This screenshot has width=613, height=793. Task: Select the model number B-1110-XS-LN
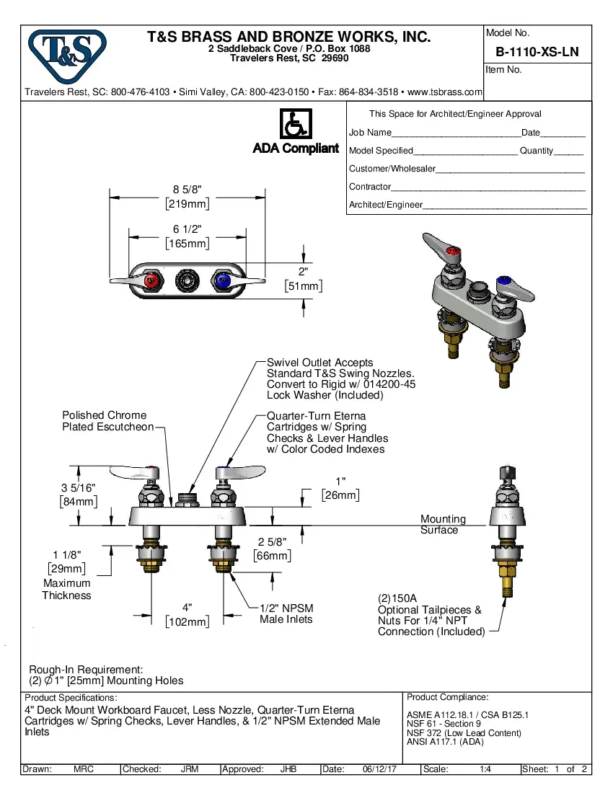(537, 53)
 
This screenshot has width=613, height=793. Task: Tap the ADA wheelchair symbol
(295, 124)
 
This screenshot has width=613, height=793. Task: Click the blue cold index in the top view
(222, 280)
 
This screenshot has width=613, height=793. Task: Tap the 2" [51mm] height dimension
(303, 279)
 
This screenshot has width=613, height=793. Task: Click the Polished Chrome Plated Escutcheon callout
(107, 421)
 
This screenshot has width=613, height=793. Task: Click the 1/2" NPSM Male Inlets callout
(286, 614)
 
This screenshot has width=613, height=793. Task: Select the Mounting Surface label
(443, 524)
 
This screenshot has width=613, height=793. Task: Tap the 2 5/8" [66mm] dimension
(273, 549)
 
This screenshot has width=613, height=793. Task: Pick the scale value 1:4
(485, 769)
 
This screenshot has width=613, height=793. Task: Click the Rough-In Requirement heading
(86, 669)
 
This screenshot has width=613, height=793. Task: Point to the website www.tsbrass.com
(445, 92)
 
